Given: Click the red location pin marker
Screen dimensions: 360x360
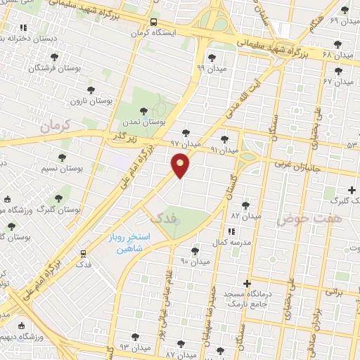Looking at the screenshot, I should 180,165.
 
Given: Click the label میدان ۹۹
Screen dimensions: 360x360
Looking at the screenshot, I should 210,68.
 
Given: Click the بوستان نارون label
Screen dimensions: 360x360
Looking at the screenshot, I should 91,101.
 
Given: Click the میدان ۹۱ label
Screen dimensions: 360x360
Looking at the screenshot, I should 225,150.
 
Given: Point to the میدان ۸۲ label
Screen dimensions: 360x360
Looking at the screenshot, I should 246,215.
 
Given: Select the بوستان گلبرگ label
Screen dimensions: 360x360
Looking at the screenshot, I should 59,210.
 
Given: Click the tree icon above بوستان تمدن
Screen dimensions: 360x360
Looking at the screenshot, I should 143,110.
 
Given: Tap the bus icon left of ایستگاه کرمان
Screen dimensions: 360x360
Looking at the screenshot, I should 154,22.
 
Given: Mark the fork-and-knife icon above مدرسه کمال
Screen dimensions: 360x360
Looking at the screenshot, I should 231,231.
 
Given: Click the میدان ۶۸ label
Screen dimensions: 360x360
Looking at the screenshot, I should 337,54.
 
